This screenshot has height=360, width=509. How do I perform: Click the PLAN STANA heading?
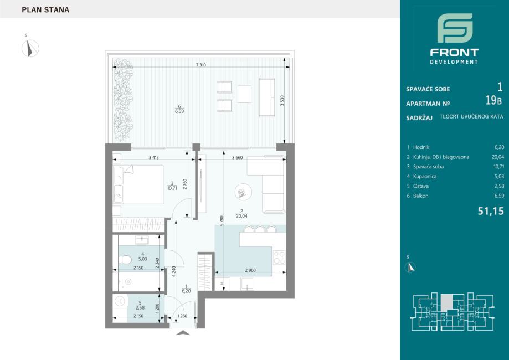45,10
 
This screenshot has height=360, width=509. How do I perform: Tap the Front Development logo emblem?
455,28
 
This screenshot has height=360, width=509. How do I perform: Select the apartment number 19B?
493,101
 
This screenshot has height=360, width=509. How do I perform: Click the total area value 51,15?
491,211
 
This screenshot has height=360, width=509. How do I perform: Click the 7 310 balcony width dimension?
201,65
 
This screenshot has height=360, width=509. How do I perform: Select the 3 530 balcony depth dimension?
282,101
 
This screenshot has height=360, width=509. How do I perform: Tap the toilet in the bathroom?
125,260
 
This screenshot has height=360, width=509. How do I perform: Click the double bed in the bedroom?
138,184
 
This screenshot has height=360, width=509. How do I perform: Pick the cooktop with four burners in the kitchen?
279,258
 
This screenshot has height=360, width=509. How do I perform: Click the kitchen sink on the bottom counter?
248,284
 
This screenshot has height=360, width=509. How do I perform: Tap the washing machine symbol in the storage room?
120,301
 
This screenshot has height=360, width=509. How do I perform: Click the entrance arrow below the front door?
183,332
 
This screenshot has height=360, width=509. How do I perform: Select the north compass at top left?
30,48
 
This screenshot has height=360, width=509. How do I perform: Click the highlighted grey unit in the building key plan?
446,302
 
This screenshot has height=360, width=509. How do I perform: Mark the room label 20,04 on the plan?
241,216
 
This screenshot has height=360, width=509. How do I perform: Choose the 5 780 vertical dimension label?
222,221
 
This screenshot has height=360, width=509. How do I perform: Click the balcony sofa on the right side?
266,97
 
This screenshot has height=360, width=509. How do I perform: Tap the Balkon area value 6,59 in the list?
499,196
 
